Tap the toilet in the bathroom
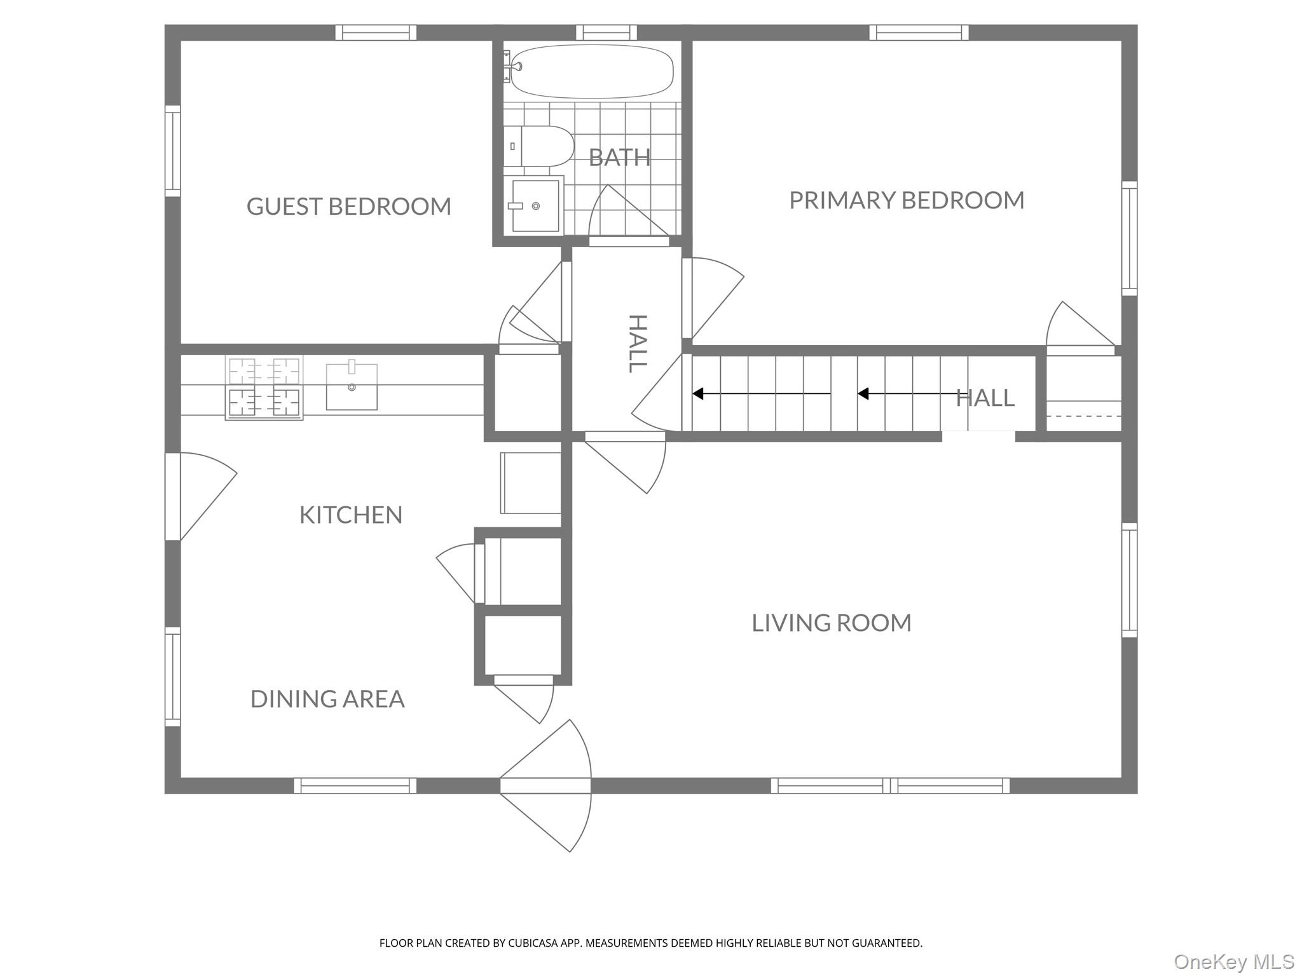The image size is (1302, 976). click(538, 146)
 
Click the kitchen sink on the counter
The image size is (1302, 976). click(352, 386)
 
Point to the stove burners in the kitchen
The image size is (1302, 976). click(264, 388)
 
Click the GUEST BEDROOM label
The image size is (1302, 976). click(349, 207)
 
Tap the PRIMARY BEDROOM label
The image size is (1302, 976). click(907, 200)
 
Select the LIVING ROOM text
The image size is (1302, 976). click(832, 623)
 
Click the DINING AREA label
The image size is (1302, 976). click(327, 699)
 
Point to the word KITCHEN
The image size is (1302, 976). click(351, 515)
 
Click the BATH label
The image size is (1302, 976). click(619, 157)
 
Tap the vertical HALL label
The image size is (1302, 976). click(638, 343)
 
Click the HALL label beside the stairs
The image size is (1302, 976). click(985, 398)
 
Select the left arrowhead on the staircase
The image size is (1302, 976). click(697, 394)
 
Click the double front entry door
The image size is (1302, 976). click(545, 785)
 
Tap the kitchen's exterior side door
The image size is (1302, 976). click(200, 496)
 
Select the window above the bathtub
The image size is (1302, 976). click(606, 32)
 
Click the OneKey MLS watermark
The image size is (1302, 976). click(1233, 961)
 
